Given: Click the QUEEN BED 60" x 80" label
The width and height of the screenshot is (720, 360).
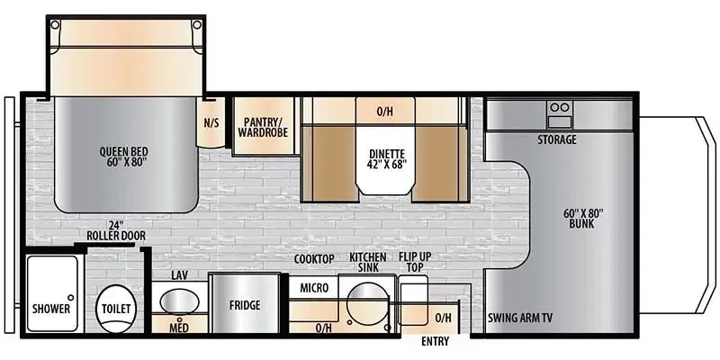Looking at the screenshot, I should [x=123, y=157].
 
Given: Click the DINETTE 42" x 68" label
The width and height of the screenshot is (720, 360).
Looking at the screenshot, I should [x=385, y=158].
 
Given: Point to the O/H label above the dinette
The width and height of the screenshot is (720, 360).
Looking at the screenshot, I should [x=384, y=112].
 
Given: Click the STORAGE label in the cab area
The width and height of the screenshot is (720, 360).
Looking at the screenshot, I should [x=557, y=139].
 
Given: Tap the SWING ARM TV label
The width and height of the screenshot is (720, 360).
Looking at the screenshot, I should [x=519, y=318].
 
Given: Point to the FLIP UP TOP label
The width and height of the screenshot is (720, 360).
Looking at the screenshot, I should [x=413, y=262].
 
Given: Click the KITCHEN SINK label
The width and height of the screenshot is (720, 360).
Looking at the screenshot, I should [x=369, y=262].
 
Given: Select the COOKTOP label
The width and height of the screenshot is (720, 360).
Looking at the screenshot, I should [x=314, y=259].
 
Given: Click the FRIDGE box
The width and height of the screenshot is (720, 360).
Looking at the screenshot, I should [x=244, y=306].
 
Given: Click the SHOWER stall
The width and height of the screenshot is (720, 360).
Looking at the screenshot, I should [x=52, y=300].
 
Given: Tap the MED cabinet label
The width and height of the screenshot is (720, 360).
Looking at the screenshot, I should [x=179, y=328].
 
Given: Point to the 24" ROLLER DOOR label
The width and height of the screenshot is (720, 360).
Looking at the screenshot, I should [x=116, y=229].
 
